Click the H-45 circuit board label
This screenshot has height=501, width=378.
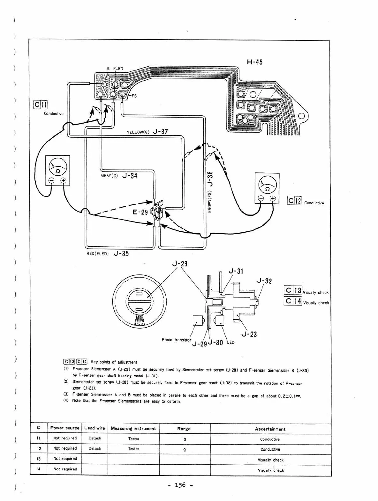pos(254,62)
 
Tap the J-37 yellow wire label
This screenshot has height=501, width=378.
pos(160,132)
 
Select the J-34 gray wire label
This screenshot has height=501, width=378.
pos(130,176)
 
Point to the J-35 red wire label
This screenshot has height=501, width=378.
pos(121,254)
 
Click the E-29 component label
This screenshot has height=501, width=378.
pos(140,212)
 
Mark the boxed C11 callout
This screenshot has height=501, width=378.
pos(41,105)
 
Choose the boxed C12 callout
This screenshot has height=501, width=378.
pos(294,201)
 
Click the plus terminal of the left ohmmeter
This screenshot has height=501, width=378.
pos(63,181)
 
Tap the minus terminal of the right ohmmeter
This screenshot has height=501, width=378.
pos(261,199)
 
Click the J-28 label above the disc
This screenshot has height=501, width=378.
pos(180,264)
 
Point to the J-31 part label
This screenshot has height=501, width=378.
pos(236,271)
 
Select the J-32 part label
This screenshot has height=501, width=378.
pos(264,281)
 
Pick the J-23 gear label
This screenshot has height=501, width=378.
pos(249,334)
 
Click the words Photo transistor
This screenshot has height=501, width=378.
pos(176,340)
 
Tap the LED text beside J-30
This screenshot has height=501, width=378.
pos(231,342)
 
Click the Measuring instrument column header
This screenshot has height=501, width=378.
pos(133,428)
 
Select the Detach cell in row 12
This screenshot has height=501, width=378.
pos(94,448)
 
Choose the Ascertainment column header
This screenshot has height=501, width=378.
pos(270,429)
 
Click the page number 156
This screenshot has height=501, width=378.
pos(180,485)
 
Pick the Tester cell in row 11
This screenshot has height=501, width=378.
pos(133,439)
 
